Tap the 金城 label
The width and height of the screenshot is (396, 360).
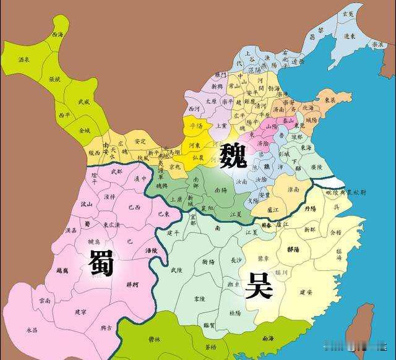pos(84,131)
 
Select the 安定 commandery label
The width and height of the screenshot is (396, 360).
pos(139,140)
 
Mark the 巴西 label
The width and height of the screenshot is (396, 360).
pos(134,207)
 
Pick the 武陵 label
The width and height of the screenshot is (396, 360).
pos(176,270)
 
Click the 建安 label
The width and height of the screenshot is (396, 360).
pos(306,291)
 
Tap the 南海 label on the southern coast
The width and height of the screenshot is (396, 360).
pos(267,338)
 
